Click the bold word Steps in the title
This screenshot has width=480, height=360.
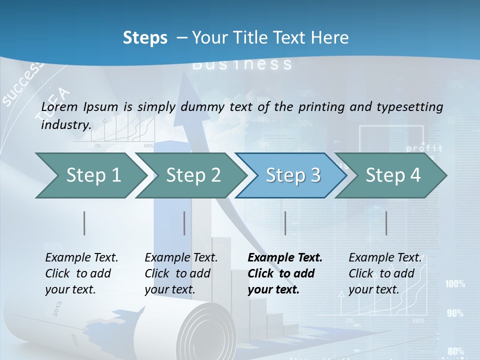click(x=145, y=38)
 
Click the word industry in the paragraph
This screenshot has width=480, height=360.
click(x=65, y=125)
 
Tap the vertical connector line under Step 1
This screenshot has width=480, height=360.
click(x=84, y=223)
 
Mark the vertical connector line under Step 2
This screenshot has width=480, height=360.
click(x=184, y=223)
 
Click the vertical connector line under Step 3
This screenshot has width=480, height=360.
click(x=285, y=223)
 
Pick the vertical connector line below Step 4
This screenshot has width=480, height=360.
click(x=386, y=223)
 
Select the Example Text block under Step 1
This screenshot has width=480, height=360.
click(x=81, y=273)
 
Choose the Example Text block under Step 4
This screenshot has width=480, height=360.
click(x=384, y=273)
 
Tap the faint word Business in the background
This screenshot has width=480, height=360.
click(x=242, y=64)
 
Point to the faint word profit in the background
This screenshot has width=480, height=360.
click(x=424, y=148)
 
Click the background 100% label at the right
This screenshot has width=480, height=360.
click(x=455, y=284)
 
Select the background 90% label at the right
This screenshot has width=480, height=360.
click(x=455, y=313)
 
